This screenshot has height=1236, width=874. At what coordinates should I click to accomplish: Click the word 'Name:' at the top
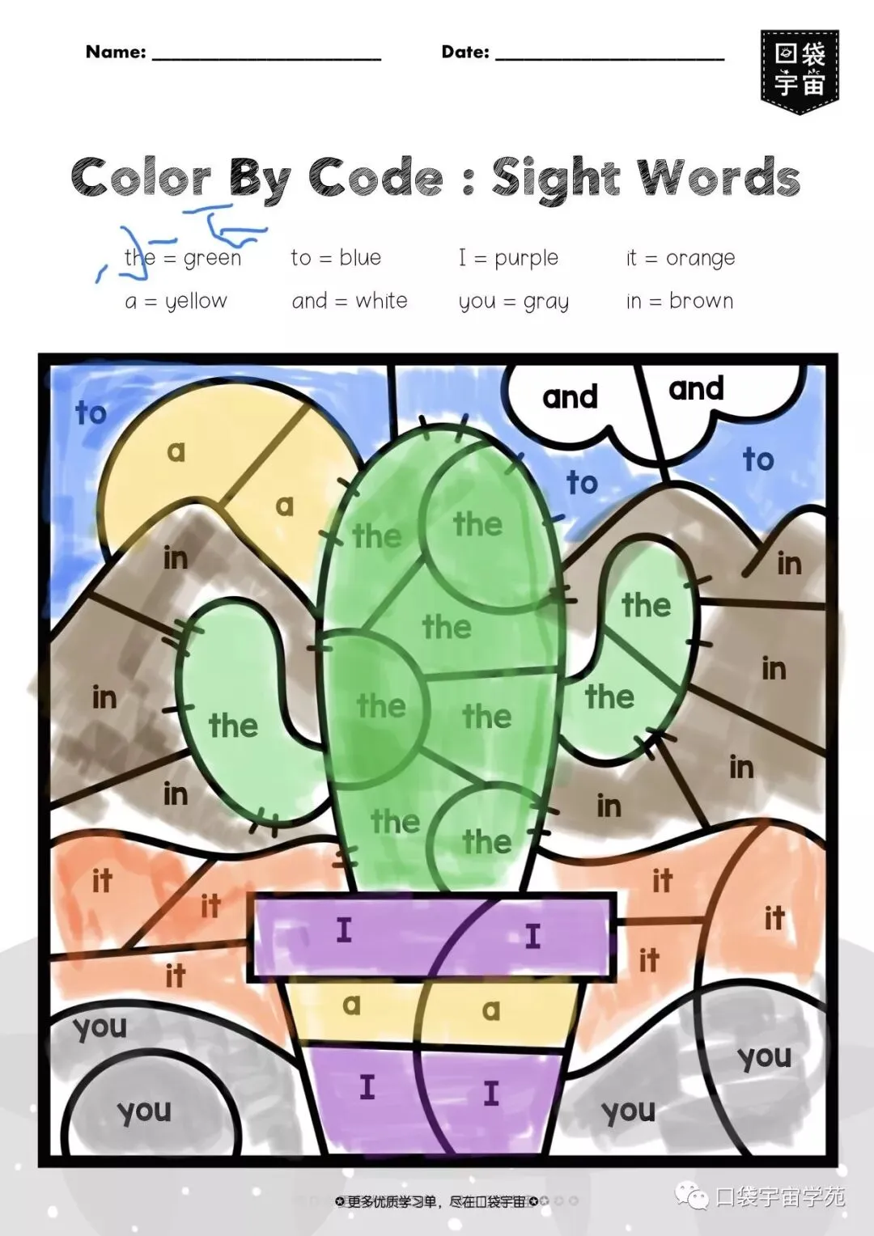pyautogui.click(x=116, y=53)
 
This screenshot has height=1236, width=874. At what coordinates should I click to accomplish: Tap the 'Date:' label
pyautogui.click(x=465, y=53)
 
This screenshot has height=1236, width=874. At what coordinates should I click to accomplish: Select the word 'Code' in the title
pyautogui.click(x=375, y=177)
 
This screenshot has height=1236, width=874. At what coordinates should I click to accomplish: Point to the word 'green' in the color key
pyautogui.click(x=212, y=259)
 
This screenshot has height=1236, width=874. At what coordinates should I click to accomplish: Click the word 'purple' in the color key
pyautogui.click(x=526, y=259)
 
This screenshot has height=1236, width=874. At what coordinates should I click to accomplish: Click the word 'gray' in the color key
pyautogui.click(x=546, y=303)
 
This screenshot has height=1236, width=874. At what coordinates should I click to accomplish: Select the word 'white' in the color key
pyautogui.click(x=381, y=301)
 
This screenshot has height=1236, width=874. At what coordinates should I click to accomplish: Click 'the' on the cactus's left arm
pyautogui.click(x=233, y=725)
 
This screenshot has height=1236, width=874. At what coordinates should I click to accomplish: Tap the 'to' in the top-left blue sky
pyautogui.click(x=91, y=413)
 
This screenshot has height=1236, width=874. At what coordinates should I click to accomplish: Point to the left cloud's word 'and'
pyautogui.click(x=570, y=397)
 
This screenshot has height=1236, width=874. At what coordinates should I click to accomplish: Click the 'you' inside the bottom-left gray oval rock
pyautogui.click(x=144, y=1112)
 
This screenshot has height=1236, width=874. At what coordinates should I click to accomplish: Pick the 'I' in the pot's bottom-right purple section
pyautogui.click(x=491, y=1094)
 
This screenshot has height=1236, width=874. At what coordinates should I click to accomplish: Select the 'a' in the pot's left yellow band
pyautogui.click(x=350, y=1005)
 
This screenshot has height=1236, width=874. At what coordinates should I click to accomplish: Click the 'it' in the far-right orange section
pyautogui.click(x=774, y=918)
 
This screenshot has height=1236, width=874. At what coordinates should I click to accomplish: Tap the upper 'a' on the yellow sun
pyautogui.click(x=176, y=451)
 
